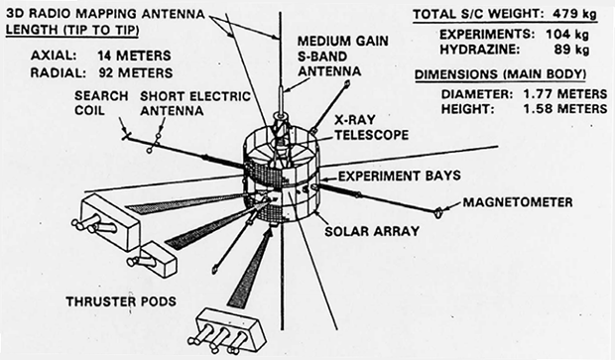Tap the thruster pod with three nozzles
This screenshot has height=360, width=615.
coord(232,323)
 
